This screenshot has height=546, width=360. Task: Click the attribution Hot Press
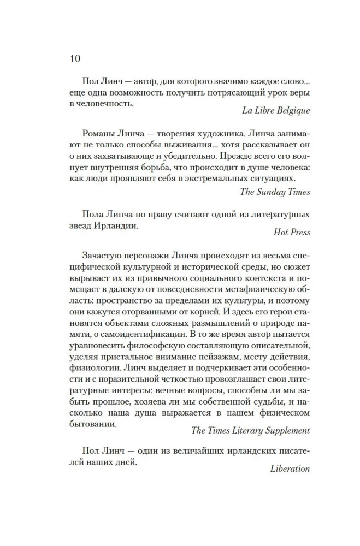tap(292, 232)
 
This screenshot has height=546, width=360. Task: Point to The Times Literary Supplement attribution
tap(251, 430)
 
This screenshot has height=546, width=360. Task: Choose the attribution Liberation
tap(290, 468)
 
